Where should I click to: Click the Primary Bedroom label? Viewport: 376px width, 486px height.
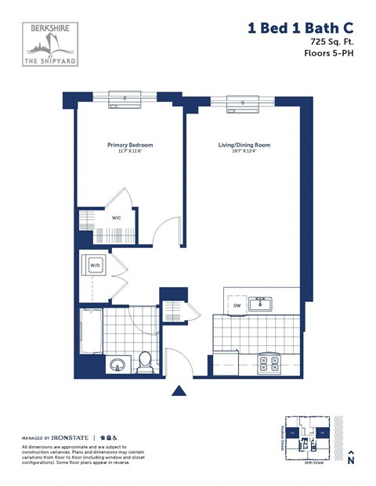click(x=129, y=145)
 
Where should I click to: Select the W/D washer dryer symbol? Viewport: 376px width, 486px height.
click(x=95, y=265)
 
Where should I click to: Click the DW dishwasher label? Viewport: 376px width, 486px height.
click(x=237, y=305)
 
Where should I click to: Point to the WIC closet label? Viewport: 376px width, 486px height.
click(x=116, y=218)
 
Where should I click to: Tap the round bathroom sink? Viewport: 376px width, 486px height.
click(x=117, y=365)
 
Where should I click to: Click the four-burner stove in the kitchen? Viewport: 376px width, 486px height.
click(x=269, y=362)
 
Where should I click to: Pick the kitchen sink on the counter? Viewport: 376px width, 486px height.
click(x=260, y=304)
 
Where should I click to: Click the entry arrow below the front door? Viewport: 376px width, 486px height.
click(x=179, y=391)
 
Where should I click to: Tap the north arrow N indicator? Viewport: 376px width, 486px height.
click(x=351, y=459)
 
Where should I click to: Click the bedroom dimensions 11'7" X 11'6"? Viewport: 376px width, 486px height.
click(x=129, y=152)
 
